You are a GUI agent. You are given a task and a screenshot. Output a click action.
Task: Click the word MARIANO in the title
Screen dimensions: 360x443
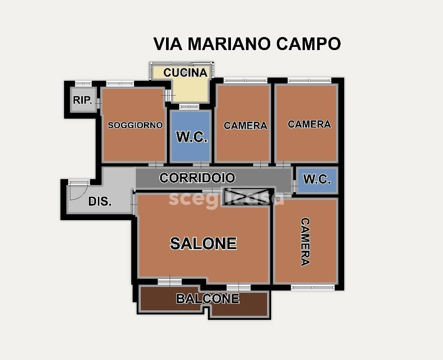point(229,44)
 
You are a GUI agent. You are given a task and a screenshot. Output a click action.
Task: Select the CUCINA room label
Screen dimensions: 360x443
point(185,73)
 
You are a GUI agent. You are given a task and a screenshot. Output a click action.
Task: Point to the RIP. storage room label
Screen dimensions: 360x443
point(83,100)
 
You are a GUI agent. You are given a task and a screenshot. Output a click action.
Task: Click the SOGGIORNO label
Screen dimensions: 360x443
point(135,125)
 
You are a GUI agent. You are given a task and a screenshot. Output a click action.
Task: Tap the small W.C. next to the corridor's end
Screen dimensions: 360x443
point(317,179)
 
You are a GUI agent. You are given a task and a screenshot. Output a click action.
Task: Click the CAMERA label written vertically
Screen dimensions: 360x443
point(305,242)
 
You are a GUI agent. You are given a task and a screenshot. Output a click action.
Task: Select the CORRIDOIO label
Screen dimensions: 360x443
point(197,178)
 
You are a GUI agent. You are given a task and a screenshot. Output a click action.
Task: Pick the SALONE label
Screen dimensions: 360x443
point(203,244)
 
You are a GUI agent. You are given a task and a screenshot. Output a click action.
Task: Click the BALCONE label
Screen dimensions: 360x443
point(208,299)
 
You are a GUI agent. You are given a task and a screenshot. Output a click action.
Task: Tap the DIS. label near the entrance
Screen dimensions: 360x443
point(100,202)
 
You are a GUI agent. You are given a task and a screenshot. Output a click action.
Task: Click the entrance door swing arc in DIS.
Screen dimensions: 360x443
point(78,192)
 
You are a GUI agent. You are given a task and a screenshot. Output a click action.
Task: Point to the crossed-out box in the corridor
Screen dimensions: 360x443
point(249,195)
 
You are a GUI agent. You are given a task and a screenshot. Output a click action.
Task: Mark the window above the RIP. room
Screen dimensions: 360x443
point(83,83)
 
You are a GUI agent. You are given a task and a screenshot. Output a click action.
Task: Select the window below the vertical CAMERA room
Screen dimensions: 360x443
point(313,287)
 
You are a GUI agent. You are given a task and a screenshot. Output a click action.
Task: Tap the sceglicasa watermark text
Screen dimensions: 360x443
point(226,198)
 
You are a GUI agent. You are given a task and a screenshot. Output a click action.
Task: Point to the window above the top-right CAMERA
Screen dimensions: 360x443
point(309,80)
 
